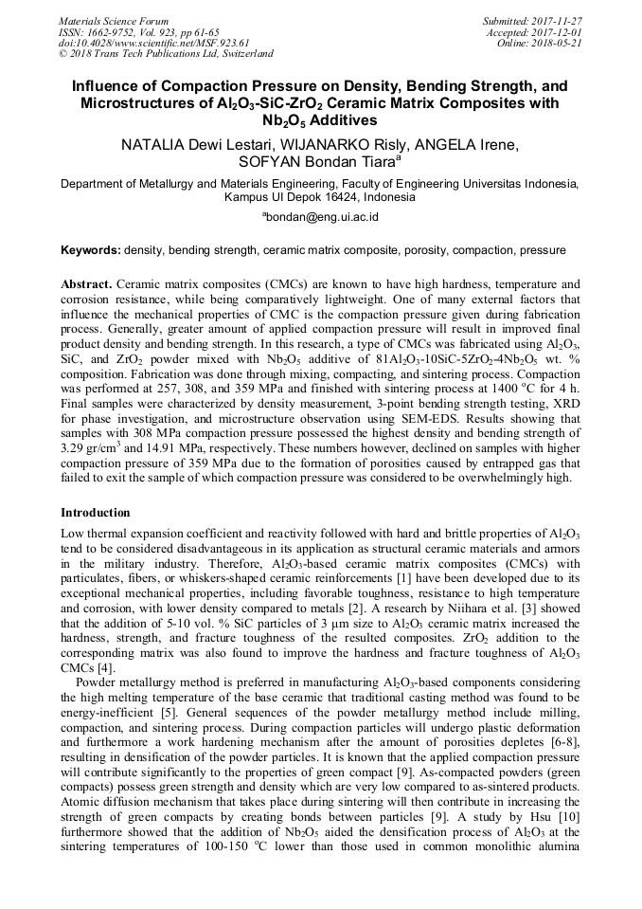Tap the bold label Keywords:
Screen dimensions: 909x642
pyautogui.click(x=90, y=251)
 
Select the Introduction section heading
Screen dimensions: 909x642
pyautogui.click(x=96, y=513)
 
